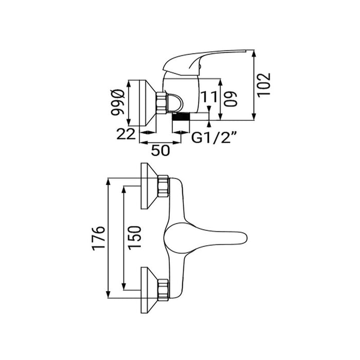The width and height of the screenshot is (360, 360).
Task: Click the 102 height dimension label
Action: (264, 85)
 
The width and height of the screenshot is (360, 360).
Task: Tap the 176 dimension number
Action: (99, 238)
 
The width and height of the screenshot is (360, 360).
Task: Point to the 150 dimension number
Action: (135, 238)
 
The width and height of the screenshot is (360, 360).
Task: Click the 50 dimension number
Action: (160, 150)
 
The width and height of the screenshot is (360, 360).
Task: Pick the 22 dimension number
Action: (126, 134)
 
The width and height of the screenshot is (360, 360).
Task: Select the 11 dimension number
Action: (209, 97)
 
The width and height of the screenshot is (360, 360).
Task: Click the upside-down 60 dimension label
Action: (230, 99)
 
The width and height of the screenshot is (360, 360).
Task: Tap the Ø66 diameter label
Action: (118, 102)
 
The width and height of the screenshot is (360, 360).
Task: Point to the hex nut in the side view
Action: (161, 103)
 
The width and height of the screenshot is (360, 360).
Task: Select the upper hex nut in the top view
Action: (164, 186)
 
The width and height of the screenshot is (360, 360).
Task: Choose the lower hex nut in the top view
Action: (164, 290)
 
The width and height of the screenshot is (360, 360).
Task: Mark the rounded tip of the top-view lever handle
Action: (246, 238)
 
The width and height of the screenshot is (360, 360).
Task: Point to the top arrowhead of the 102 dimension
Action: (254, 53)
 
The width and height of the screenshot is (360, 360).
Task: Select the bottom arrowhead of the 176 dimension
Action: (108, 295)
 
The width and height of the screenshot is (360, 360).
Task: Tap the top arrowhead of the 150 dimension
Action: (124, 189)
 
